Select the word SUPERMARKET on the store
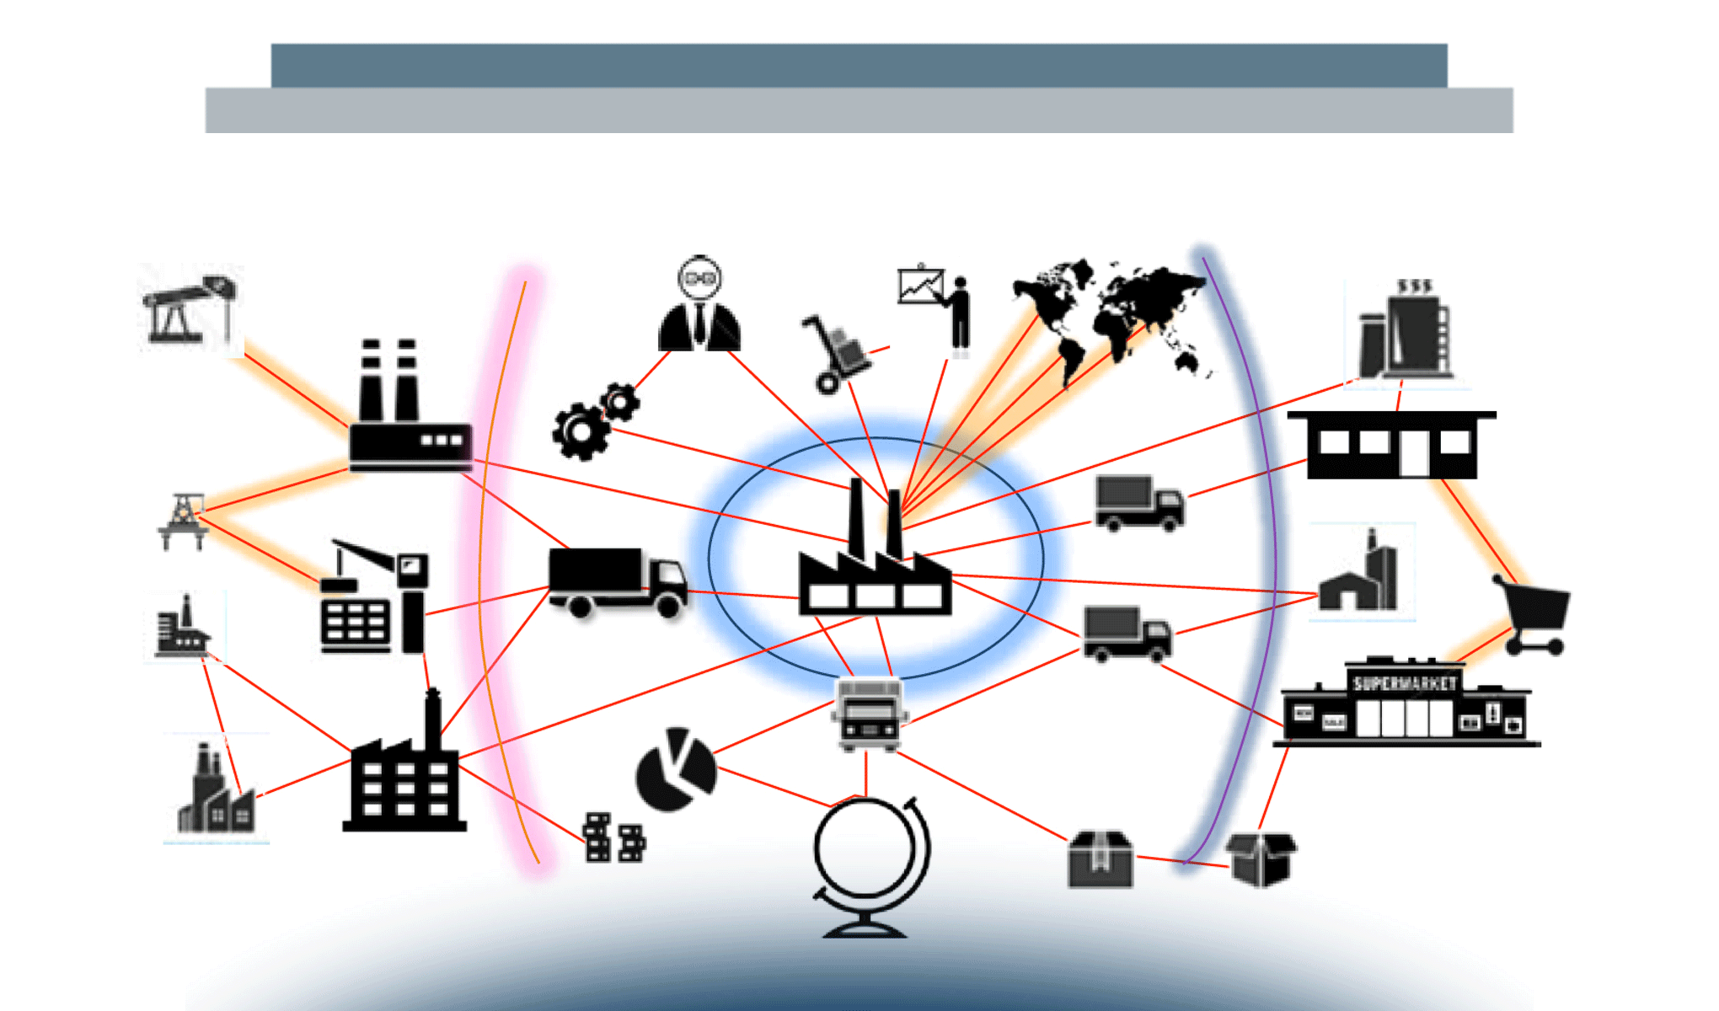coord(1404,683)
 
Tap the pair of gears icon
coord(594,421)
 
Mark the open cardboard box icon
coord(1261,859)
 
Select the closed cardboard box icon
coord(1100,859)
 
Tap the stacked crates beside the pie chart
coord(614,837)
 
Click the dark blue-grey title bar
coord(859,65)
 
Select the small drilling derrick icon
coord(183,521)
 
